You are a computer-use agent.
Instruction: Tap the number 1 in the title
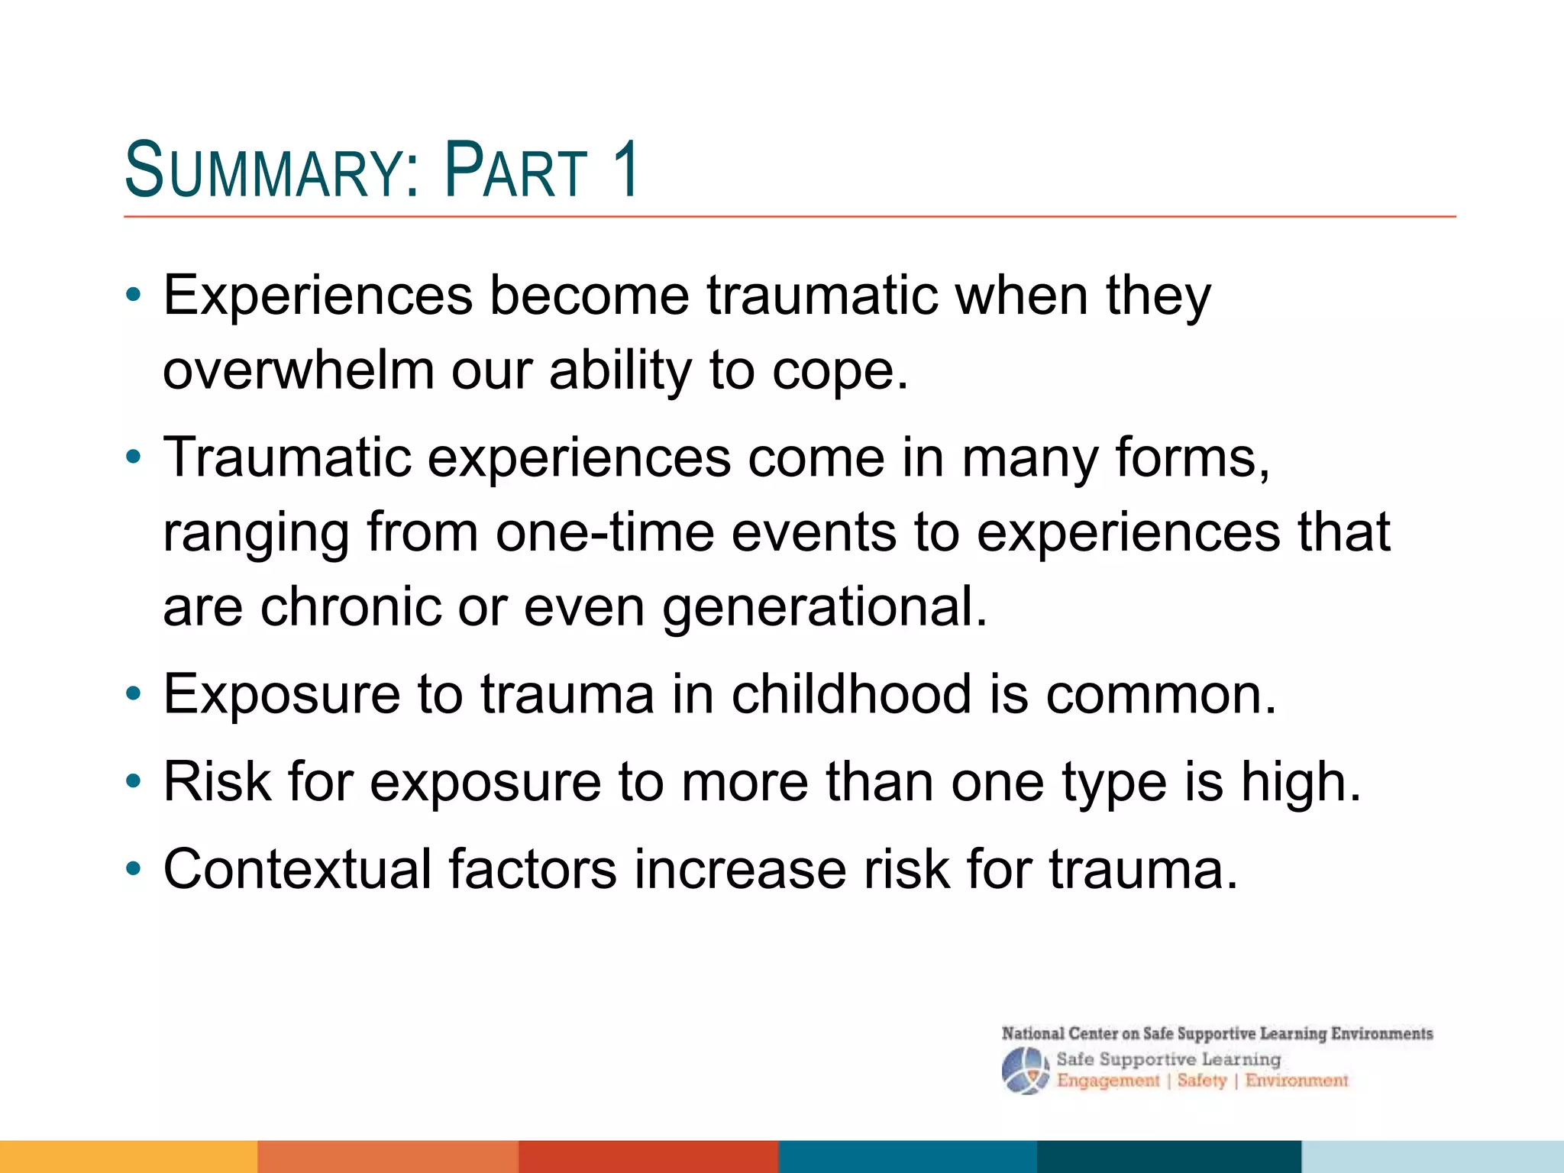tap(625, 170)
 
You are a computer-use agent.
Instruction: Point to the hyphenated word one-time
tap(605, 532)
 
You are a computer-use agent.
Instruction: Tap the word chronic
tap(351, 607)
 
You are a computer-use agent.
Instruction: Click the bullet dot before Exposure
tap(134, 694)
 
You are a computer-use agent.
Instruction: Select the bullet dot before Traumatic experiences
tap(134, 457)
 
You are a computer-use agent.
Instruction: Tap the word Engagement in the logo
tap(1108, 1081)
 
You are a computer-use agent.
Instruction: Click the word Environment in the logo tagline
tap(1297, 1081)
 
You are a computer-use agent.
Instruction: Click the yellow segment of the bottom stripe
tap(128, 1156)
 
